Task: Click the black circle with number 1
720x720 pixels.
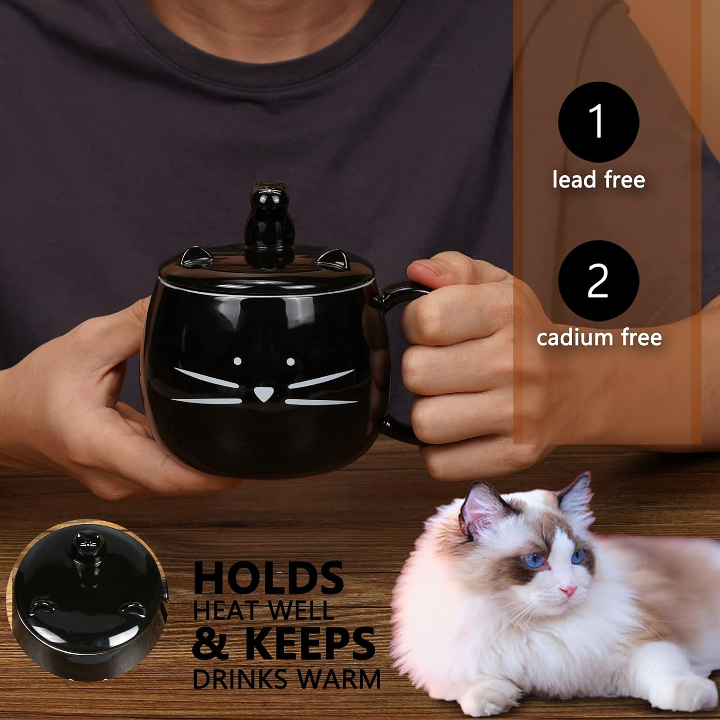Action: (x=599, y=122)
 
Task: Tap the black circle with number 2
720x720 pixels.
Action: (x=599, y=281)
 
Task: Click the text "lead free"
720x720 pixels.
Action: (x=599, y=180)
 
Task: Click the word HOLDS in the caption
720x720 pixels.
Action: (x=268, y=578)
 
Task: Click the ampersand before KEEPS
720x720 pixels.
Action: (x=211, y=644)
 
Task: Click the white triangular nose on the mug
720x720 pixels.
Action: (x=261, y=394)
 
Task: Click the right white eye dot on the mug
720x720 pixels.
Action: (x=290, y=361)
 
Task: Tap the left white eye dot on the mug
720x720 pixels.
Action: (x=237, y=360)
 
